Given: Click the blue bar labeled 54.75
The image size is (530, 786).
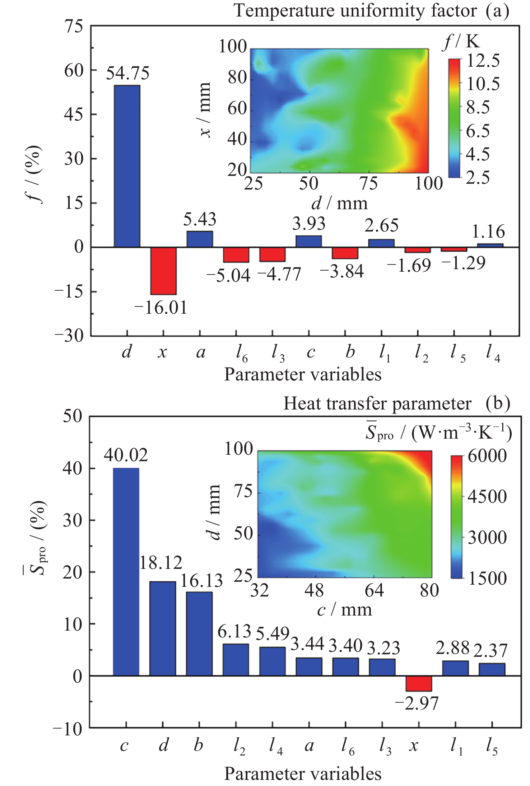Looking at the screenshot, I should point(127,166).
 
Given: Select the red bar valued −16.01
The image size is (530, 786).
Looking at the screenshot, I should point(163,270).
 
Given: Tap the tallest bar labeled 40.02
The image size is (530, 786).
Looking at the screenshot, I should point(126,572).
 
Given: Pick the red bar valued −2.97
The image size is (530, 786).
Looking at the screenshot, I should point(419,683).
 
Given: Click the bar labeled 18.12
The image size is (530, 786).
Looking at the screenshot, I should point(163,628).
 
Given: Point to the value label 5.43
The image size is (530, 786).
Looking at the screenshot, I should point(200,219).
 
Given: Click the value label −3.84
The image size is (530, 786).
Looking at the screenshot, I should point(341,272).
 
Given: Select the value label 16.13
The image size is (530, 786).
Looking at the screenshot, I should point(201,581).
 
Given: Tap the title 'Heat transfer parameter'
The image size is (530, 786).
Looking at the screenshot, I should point(377,404).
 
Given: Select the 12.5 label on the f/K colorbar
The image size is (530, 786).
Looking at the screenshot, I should point(483,61).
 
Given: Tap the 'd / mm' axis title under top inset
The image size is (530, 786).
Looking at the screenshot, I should point(339,203).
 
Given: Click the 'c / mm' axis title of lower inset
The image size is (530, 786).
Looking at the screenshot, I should point(344,610).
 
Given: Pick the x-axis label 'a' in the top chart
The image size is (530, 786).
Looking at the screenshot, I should point(200,352).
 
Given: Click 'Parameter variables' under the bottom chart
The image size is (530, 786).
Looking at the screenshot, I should point(303,773).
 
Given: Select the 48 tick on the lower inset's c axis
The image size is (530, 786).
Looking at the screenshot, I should point(314,590).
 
